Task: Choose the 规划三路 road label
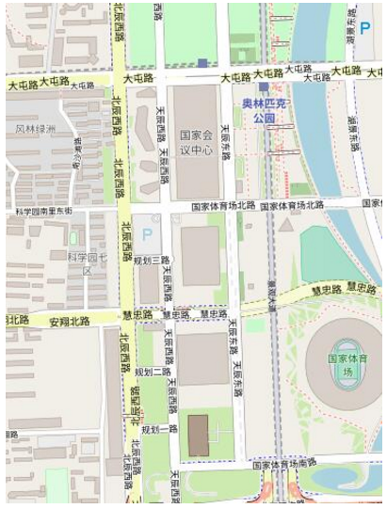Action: (151, 260)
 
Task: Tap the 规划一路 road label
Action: (158, 429)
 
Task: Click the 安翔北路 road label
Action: (69, 321)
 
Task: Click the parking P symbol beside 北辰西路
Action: (146, 232)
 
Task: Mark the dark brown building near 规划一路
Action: (198, 435)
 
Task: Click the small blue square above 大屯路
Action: (202, 63)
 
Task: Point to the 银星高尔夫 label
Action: (136, 404)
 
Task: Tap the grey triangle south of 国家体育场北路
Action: (286, 225)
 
